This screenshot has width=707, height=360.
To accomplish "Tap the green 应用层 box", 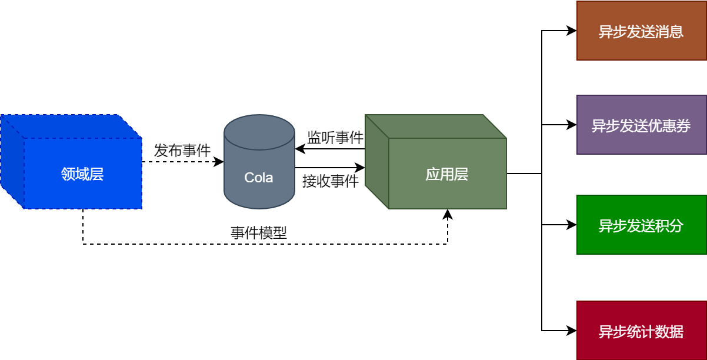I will click(x=446, y=173).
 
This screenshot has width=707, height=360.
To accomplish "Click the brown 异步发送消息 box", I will click(x=641, y=31).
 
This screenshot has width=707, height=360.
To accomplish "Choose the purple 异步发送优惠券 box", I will click(x=641, y=125).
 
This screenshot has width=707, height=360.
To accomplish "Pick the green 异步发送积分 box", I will click(x=641, y=225).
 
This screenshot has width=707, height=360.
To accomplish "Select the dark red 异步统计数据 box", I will click(x=641, y=331).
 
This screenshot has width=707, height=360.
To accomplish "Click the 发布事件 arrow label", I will click(x=182, y=151).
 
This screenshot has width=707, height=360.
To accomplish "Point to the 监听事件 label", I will click(x=335, y=138).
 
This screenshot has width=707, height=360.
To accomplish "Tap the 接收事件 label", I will click(x=331, y=181).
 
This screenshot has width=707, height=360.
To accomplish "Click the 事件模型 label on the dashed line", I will click(x=259, y=233).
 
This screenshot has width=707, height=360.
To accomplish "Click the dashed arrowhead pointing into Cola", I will click(x=219, y=162).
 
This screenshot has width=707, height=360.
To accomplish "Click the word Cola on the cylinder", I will click(x=259, y=177).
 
